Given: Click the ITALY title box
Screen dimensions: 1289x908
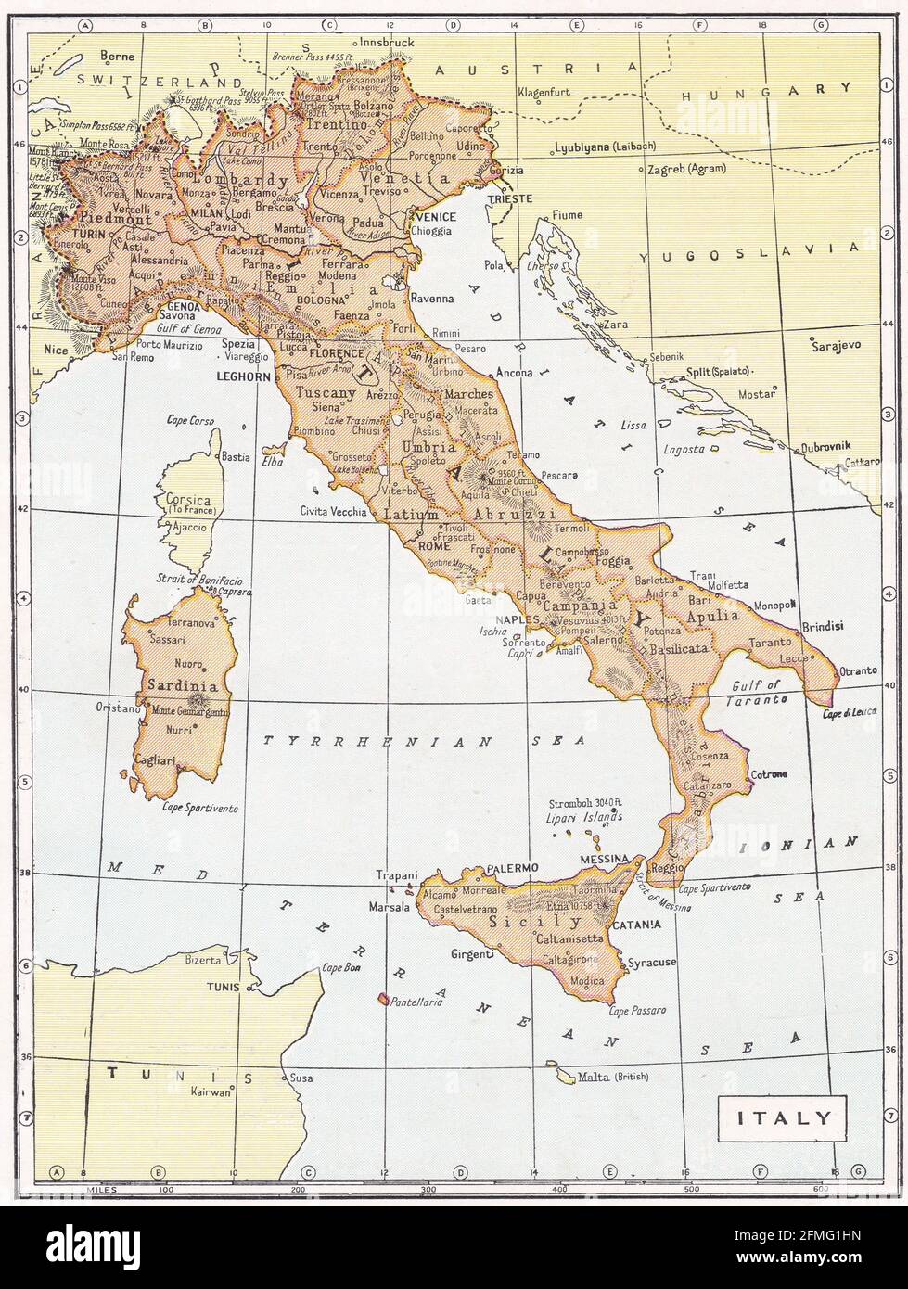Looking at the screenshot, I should point(784,1117).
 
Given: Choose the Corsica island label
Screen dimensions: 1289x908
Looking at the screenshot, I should point(187,501).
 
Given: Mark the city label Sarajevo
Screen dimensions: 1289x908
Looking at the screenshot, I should point(836,343).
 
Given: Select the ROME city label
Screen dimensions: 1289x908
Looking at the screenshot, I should point(434,546).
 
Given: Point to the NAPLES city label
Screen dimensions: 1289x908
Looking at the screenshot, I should point(518,619).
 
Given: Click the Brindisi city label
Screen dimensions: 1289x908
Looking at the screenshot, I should point(824,626).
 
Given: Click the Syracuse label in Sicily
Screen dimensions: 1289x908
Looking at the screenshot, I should point(652,963).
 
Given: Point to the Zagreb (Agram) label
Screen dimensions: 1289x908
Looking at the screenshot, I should point(692,171).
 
